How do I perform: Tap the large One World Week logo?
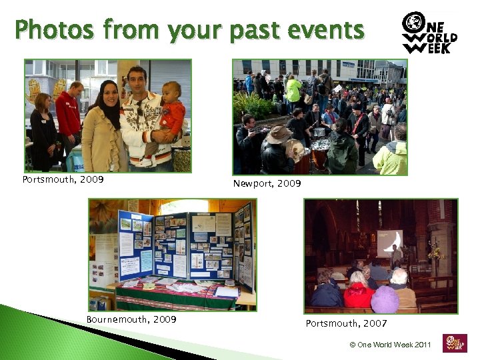429,33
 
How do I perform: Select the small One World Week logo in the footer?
455,343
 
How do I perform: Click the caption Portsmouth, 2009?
63,179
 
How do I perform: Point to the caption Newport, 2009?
267,183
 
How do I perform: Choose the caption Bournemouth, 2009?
131,319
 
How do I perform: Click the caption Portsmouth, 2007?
346,323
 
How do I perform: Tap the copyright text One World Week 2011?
391,345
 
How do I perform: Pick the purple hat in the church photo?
385,300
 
